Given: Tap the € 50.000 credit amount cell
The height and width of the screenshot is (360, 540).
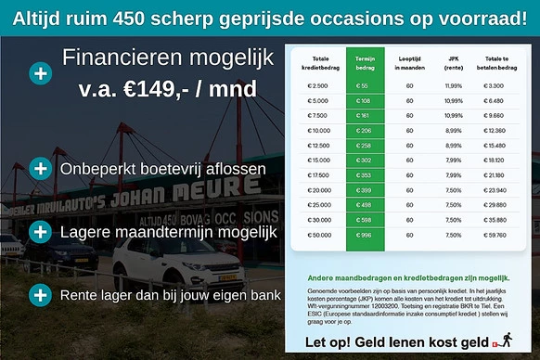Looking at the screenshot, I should coord(317,235).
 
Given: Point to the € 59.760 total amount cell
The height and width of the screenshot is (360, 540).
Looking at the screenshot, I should coord(495,235).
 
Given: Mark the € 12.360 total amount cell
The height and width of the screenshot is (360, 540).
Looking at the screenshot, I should coord(495,130).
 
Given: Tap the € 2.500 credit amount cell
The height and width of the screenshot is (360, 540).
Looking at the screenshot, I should coord(317,85).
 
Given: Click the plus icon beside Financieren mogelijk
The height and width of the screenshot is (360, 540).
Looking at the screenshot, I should coord(40,73).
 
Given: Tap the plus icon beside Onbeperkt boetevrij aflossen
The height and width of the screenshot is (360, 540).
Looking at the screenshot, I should coord(40,169).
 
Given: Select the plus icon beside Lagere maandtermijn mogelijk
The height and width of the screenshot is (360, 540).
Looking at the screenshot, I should coord(40,230).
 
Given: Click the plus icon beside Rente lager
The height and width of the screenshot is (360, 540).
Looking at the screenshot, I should coord(40,296).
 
